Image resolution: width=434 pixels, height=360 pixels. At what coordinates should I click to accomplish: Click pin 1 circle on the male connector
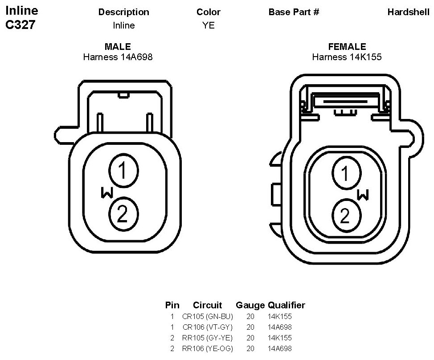click(123, 170)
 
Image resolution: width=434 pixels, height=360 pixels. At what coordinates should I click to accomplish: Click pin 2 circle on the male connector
click(123, 214)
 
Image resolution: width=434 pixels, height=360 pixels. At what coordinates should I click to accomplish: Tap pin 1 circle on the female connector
click(347, 173)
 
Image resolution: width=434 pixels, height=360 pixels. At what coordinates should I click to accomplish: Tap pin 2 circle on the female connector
click(347, 215)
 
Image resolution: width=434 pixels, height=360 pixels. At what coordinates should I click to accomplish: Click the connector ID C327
click(20, 25)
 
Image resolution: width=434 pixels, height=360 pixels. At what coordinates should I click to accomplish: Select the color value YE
click(209, 25)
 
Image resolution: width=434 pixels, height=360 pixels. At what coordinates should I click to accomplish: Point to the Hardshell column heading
click(409, 12)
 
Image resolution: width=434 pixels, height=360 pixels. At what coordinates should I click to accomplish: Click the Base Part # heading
click(294, 12)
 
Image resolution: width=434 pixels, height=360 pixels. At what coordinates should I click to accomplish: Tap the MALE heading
click(118, 46)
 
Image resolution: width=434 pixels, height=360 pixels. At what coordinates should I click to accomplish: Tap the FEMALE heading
click(347, 46)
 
